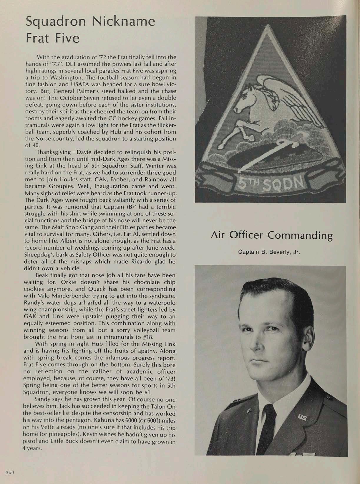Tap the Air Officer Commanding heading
tap(272, 235)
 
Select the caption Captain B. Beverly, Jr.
tap(269, 252)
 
